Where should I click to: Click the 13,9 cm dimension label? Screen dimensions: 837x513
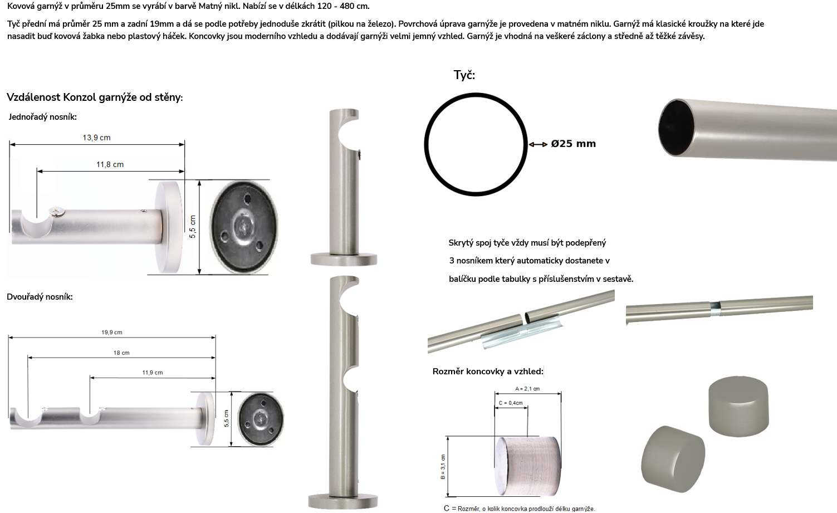pyautogui.click(x=96, y=138)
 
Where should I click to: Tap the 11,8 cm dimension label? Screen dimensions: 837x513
pyautogui.click(x=110, y=164)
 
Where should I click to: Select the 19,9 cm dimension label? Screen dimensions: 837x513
pyautogui.click(x=112, y=332)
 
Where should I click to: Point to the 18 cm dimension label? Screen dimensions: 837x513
pyautogui.click(x=121, y=353)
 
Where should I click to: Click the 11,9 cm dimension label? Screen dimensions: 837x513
pyautogui.click(x=153, y=373)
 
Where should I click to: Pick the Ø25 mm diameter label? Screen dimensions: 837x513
pyautogui.click(x=573, y=144)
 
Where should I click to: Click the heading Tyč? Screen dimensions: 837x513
pyautogui.click(x=464, y=75)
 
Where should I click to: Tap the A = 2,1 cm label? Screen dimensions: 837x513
pyautogui.click(x=527, y=389)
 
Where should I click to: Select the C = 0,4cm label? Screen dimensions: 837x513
pyautogui.click(x=511, y=403)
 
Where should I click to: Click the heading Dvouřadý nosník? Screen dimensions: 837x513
pyautogui.click(x=40, y=297)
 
